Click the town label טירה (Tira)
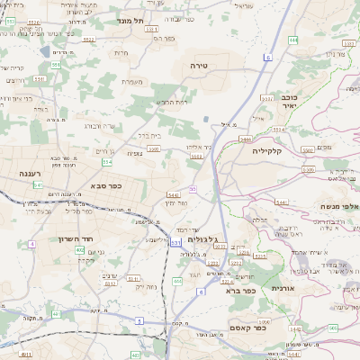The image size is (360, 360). click(x=199, y=66)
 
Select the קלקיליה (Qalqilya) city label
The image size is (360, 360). click(x=267, y=150)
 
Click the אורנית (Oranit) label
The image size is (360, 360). click(x=283, y=287)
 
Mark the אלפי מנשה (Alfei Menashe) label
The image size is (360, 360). click(x=332, y=206)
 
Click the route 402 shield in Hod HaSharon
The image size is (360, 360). click(x=80, y=249)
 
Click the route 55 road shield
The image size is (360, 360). click(x=193, y=189)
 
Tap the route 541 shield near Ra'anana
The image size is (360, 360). click(x=38, y=184)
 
